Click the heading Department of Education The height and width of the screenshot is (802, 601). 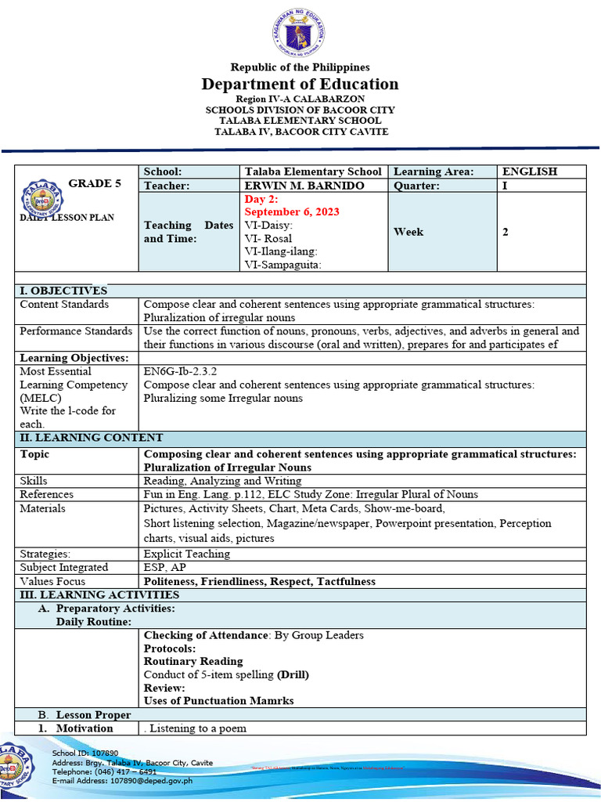[300, 85]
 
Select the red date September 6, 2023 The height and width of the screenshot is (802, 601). [292, 212]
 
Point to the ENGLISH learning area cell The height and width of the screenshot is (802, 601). [530, 172]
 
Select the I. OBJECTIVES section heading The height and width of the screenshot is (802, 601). [63, 291]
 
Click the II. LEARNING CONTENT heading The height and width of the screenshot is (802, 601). [92, 438]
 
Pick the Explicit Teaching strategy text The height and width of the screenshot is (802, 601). [187, 554]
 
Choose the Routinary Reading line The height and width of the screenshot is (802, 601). [193, 661]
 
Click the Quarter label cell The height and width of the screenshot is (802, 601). [416, 186]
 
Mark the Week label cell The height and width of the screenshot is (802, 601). [408, 232]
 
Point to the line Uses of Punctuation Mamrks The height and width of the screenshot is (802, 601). [219, 700]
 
